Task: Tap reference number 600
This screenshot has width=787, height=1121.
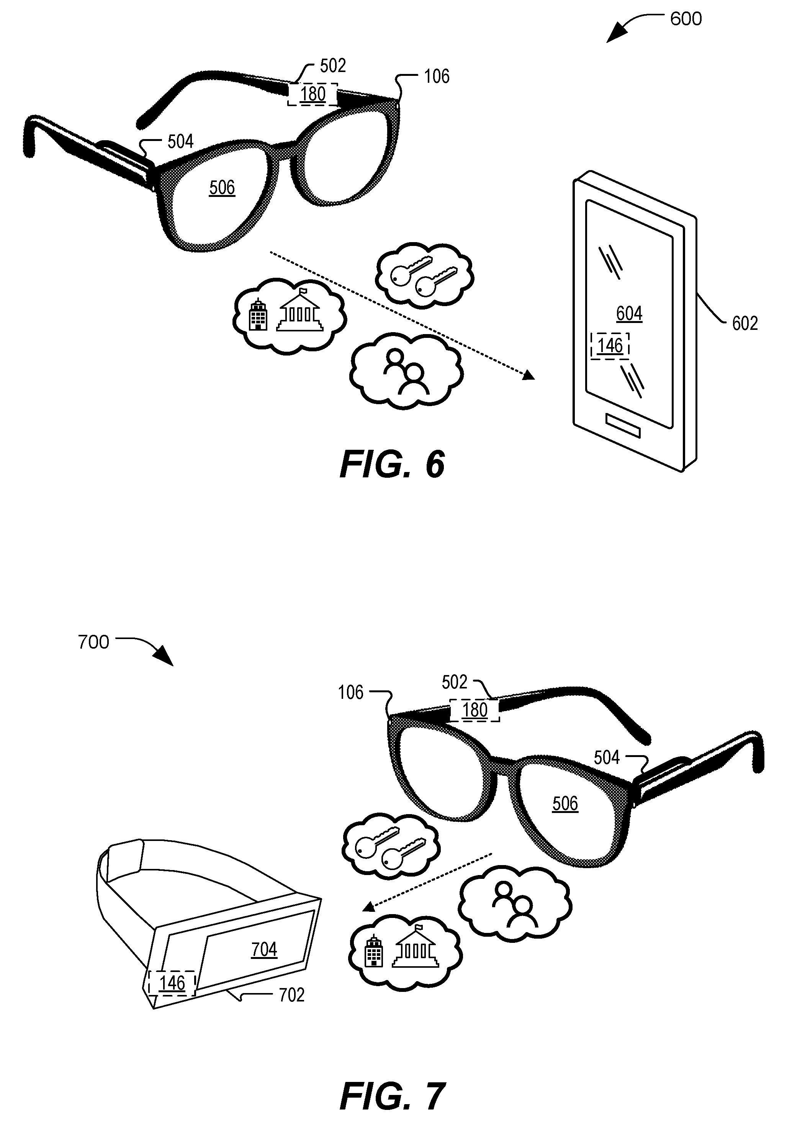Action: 686,19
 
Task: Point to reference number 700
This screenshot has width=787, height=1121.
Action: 94,642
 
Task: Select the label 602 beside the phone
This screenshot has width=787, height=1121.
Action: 744,323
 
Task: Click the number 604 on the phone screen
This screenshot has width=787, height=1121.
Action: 629,313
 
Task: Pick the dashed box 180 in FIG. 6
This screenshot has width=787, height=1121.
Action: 312,94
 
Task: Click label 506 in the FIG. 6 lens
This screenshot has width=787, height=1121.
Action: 222,187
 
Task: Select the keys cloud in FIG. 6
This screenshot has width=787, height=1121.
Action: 424,275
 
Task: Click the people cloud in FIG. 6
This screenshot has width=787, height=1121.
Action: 406,371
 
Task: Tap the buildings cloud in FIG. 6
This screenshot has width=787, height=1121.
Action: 290,315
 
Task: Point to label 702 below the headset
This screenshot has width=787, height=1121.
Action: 291,995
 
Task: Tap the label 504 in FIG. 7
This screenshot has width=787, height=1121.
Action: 607,757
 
